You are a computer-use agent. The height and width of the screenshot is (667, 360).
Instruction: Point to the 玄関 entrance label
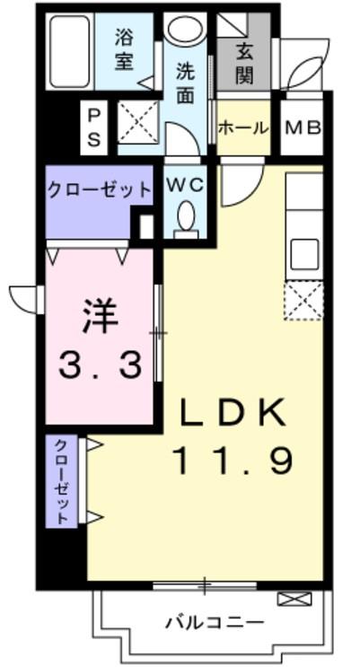pos(243,64)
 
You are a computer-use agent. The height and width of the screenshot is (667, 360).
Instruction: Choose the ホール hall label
pos(243,127)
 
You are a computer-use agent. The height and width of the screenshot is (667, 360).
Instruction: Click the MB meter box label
pos(303,127)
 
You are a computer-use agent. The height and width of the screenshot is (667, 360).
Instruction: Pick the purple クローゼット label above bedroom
pos(87,189)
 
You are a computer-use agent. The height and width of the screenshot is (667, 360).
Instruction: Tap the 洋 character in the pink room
pos(100,314)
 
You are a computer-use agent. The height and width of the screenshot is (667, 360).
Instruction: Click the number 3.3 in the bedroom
pos(100,364)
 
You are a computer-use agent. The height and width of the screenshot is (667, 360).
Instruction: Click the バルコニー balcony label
pos(214,622)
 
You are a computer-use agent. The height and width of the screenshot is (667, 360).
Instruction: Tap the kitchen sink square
pos(303,252)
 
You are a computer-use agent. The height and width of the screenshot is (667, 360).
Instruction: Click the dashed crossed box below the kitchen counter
pos(303,300)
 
